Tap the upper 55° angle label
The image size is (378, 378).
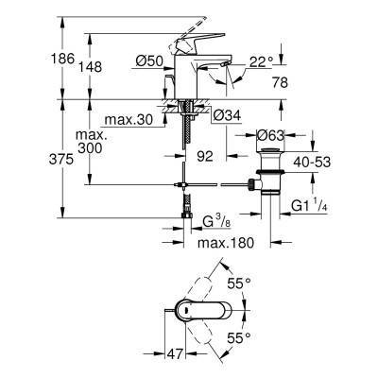[239, 283]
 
